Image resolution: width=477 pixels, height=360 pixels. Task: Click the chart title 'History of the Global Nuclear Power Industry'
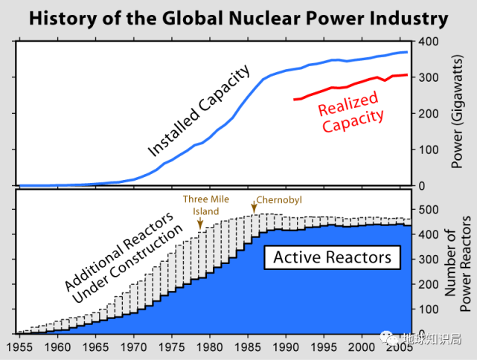238,18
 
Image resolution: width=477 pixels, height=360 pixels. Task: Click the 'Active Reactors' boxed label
332,258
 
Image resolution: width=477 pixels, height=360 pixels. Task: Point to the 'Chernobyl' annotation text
281,200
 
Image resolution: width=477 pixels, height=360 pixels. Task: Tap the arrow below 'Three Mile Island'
200,225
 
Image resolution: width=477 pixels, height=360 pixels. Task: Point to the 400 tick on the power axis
429,42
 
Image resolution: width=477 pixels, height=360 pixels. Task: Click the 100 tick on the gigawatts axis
429,150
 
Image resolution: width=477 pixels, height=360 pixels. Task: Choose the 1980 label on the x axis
209,347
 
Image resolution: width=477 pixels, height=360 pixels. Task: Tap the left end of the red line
295,99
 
